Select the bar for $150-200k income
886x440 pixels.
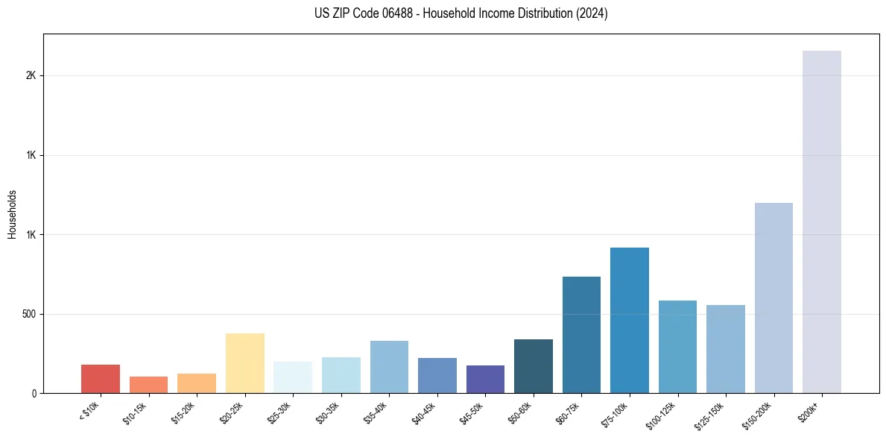point(773,298)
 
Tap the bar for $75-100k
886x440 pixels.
point(629,320)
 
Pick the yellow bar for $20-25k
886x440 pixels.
point(244,363)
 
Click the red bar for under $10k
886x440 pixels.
point(101,379)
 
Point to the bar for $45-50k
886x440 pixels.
point(485,379)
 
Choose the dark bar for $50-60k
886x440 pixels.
point(533,366)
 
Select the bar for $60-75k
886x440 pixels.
point(581,335)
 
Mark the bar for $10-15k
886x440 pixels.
point(148,385)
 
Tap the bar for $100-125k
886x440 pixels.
point(677,347)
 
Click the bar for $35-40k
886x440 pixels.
point(389,367)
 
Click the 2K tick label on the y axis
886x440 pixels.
point(31,76)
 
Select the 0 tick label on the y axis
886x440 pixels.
point(34,394)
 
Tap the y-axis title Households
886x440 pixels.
point(13,213)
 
